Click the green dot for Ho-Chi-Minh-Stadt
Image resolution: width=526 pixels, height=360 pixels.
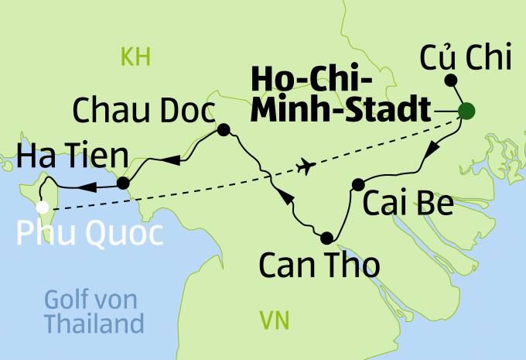(x=466, y=111)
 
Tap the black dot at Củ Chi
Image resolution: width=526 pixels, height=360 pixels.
(x=451, y=80)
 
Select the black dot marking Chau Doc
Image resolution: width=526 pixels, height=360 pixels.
(x=224, y=130)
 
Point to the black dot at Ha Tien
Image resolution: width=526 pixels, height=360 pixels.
(x=122, y=183)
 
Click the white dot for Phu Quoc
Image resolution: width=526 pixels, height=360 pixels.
(x=43, y=207)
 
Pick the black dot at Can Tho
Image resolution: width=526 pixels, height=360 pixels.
(x=326, y=238)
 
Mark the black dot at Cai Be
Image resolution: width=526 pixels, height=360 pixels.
(x=357, y=184)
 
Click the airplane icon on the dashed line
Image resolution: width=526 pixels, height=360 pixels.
(x=307, y=166)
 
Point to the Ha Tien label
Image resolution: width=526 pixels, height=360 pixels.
(x=70, y=160)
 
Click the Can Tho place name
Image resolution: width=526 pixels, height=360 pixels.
(x=319, y=266)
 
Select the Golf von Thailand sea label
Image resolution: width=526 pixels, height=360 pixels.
(x=94, y=310)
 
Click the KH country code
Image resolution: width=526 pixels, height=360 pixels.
(x=134, y=56)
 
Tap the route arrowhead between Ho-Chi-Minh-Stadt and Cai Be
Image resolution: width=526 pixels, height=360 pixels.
(x=435, y=147)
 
